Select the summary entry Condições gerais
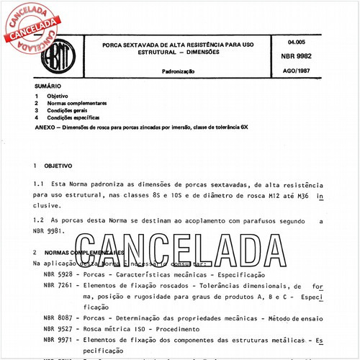(x=69, y=110)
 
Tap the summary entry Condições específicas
(x=73, y=117)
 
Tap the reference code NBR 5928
(x=55, y=274)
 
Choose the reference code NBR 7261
(x=55, y=285)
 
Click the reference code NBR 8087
(x=55, y=317)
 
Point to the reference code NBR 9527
(x=55, y=328)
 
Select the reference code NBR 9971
(x=55, y=338)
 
